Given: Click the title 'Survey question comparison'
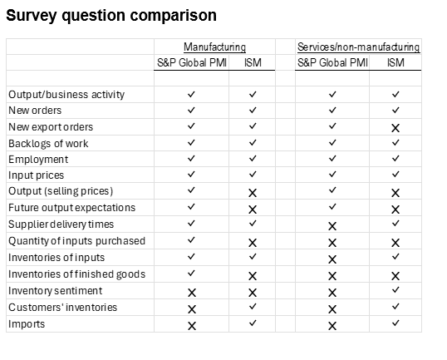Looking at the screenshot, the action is (111, 16).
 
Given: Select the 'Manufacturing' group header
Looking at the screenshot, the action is (214, 47).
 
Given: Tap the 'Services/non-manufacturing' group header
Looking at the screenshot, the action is (358, 47).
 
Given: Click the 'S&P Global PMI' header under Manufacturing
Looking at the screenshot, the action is (192, 62).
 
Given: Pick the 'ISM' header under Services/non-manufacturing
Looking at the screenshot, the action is (395, 62).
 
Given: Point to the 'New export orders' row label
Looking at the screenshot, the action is (51, 127).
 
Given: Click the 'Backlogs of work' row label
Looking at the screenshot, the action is (48, 144).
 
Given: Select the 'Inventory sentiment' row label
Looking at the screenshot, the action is (55, 291).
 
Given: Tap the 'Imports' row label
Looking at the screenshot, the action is (27, 324).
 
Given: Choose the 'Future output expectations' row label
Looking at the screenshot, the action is (71, 208).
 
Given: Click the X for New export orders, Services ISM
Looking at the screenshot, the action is (395, 128).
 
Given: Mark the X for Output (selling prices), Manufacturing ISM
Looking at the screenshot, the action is (253, 193).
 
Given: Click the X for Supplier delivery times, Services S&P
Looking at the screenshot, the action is (332, 226).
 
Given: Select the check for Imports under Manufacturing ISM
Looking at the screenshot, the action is (253, 323).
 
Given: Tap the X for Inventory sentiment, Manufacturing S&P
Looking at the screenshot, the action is (192, 293).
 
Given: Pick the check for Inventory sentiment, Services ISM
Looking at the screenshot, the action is (395, 290).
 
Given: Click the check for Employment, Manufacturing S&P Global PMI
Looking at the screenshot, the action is (192, 158).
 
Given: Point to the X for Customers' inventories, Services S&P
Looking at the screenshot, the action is (332, 309).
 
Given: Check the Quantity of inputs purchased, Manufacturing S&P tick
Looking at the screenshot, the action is (192, 240).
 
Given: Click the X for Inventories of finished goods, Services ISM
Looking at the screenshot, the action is (395, 276).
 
